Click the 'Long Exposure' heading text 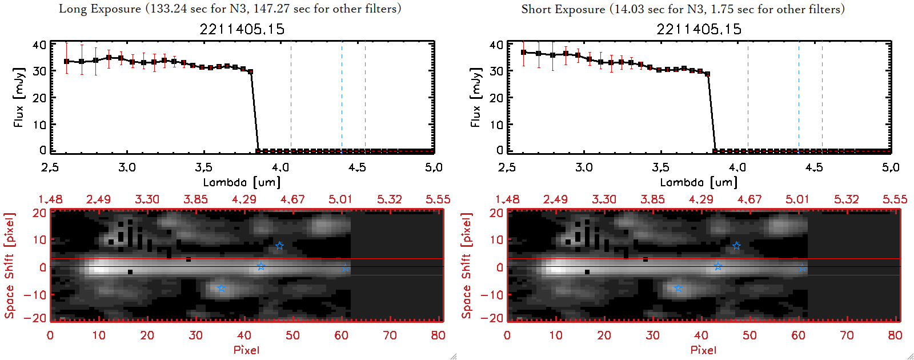pyautogui.click(x=100, y=9)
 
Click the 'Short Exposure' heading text pyautogui.click(x=563, y=9)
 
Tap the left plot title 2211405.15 pyautogui.click(x=242, y=29)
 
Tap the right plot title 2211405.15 pyautogui.click(x=699, y=29)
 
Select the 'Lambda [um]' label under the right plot pyautogui.click(x=699, y=182)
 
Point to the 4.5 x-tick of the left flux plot pyautogui.click(x=357, y=167)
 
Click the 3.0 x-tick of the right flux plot pyautogui.click(x=584, y=167)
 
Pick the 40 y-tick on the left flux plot pyautogui.click(x=39, y=45)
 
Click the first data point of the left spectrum pyautogui.click(x=67, y=61)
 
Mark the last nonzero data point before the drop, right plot pyautogui.click(x=707, y=74)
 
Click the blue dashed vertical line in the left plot pyautogui.click(x=342, y=97)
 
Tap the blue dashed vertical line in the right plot pyautogui.click(x=799, y=97)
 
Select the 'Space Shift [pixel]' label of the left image pyautogui.click(x=9, y=266)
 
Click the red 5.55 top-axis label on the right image pyautogui.click(x=895, y=199)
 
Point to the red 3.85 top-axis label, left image pyautogui.click(x=195, y=199)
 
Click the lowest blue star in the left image pyautogui.click(x=222, y=288)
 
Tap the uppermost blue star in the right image pyautogui.click(x=736, y=246)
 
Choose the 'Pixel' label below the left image pyautogui.click(x=246, y=350)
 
